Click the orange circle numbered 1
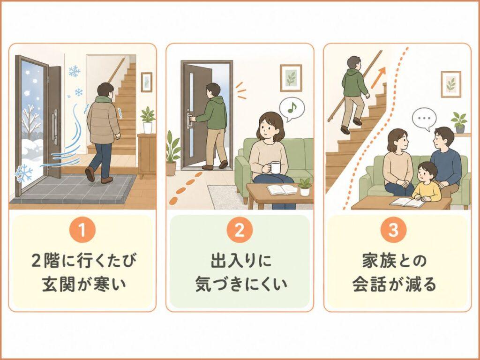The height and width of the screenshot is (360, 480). tap(82, 231)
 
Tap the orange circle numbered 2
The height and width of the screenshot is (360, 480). tap(240, 231)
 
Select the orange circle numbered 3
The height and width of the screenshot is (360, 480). tap(397, 231)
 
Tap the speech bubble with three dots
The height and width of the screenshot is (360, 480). tap(424, 119)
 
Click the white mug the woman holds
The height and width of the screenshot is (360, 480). tap(275, 167)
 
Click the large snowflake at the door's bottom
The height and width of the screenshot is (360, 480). tap(24, 173)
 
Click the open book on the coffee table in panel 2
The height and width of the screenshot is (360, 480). tap(282, 189)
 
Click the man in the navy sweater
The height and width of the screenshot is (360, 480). tap(444, 157)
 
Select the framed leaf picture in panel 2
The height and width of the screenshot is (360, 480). tap(291, 78)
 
